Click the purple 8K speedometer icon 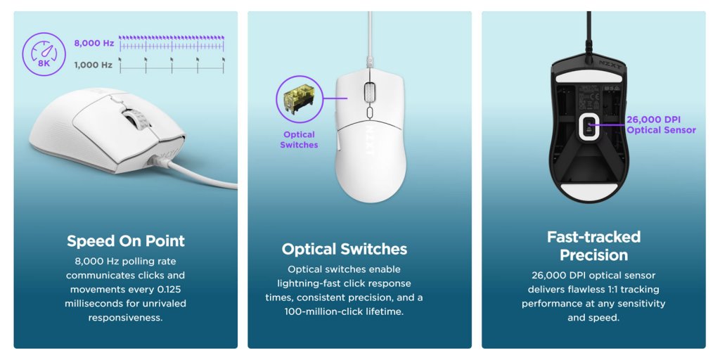(44, 53)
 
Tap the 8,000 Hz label (94, 43)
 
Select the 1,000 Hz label (94, 65)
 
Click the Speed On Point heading (126, 241)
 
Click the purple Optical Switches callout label (299, 140)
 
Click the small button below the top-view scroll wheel (370, 112)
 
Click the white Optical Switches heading (345, 249)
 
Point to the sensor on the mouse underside (589, 126)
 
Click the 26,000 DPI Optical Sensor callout (661, 125)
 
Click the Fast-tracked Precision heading (593, 245)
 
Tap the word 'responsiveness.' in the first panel (126, 318)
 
